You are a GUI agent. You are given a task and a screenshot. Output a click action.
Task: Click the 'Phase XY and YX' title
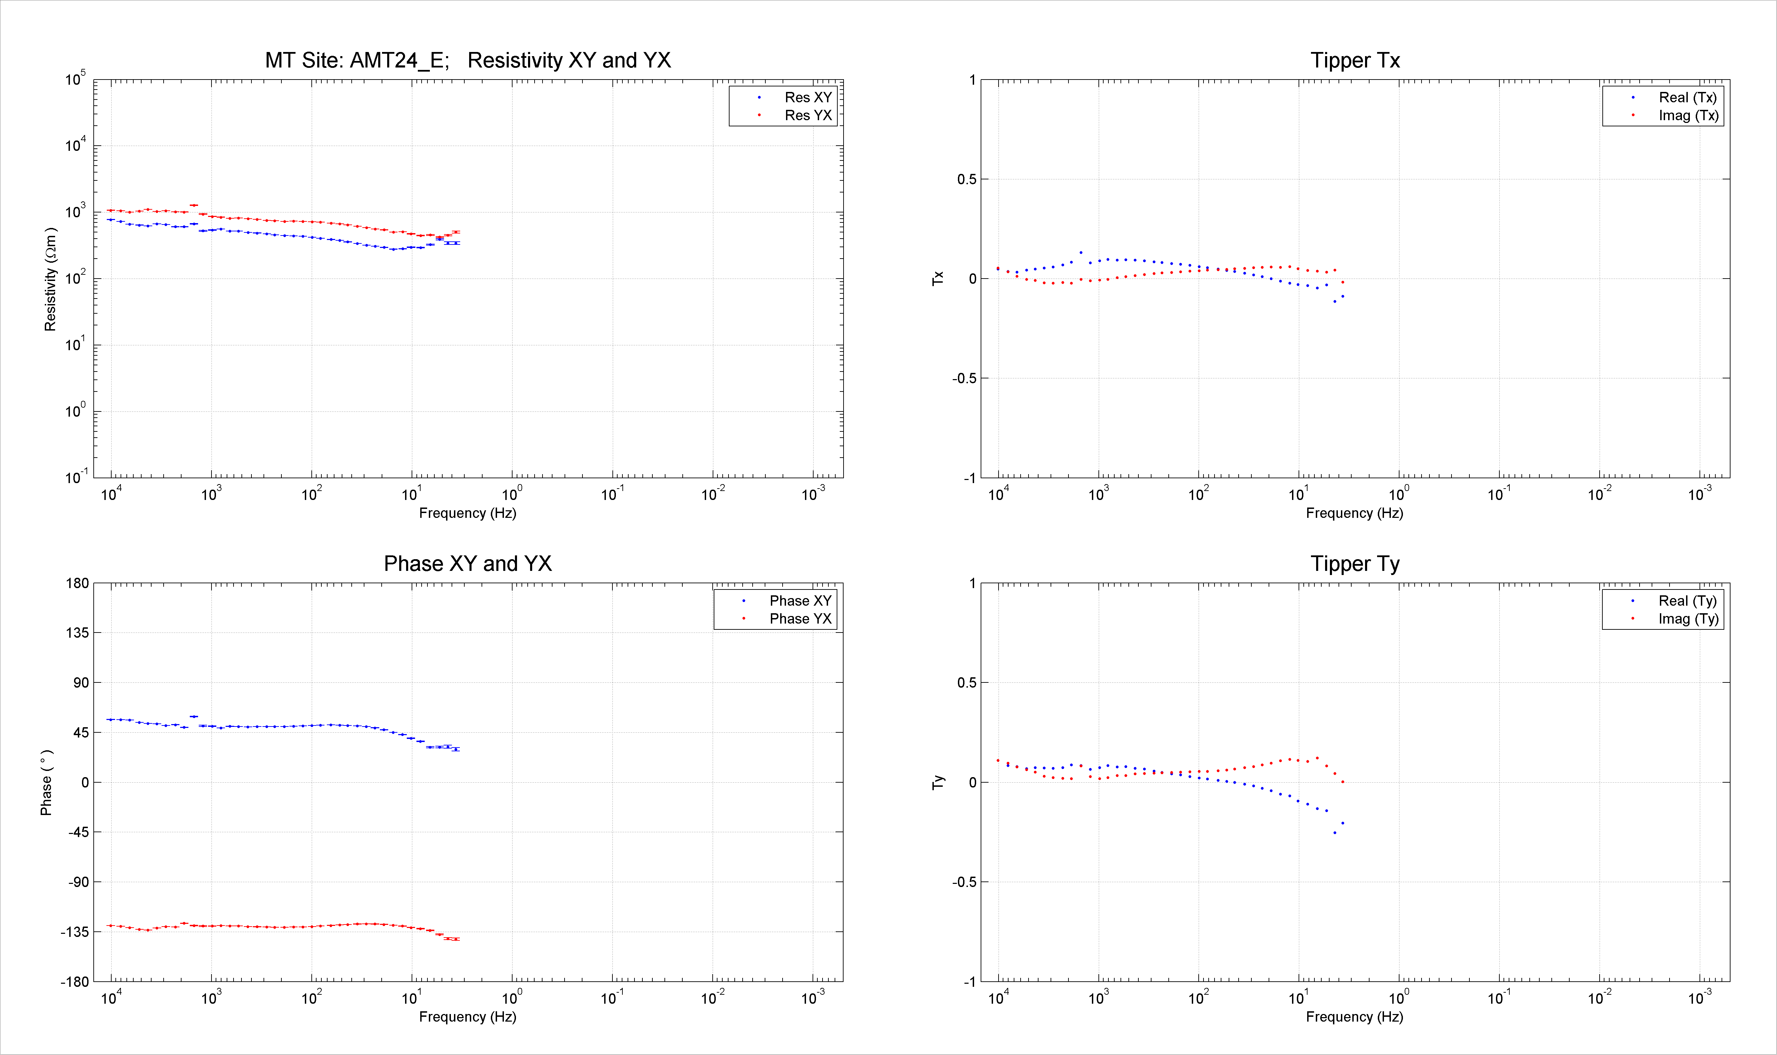[468, 564]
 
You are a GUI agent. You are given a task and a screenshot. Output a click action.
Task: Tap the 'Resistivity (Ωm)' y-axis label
[50, 279]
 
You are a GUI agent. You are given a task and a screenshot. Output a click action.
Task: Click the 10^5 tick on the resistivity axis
[75, 78]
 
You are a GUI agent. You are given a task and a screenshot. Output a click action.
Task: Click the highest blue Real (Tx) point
[1081, 252]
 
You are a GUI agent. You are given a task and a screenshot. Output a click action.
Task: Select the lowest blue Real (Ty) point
[1335, 833]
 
